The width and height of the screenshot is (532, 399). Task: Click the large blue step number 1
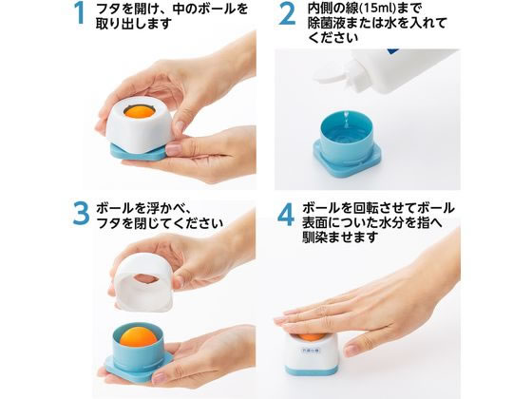click(80, 14)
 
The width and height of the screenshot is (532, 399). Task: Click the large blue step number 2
click(287, 14)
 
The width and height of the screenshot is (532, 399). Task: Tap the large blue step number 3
click(81, 214)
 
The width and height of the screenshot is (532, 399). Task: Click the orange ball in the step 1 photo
click(139, 112)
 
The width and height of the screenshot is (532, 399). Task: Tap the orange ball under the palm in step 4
click(311, 336)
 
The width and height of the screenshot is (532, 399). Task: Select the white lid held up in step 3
click(143, 282)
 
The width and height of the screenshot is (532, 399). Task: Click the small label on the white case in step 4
click(310, 351)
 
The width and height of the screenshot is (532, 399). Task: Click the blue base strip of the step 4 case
click(310, 370)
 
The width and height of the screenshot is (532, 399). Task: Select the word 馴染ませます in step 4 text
click(340, 237)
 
